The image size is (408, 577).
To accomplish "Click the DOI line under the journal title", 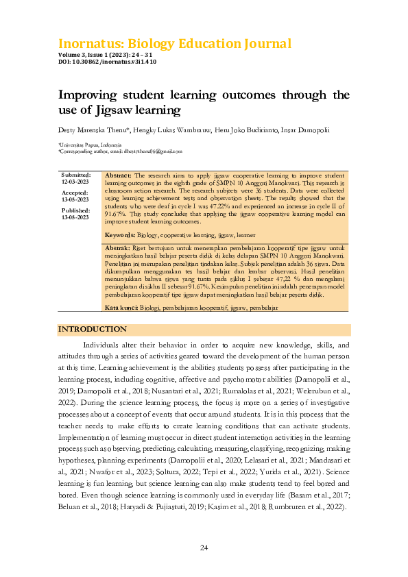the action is (x=107, y=62).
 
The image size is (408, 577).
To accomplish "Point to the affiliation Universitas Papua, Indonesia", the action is (x=90, y=145).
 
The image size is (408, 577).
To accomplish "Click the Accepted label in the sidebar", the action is (x=75, y=193).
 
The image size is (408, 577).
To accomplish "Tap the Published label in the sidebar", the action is (x=75, y=210).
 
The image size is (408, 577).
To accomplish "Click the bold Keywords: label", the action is (x=121, y=234).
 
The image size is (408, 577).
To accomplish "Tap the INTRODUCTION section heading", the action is (x=92, y=330).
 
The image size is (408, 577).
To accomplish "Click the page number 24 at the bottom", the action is (x=204, y=548).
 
